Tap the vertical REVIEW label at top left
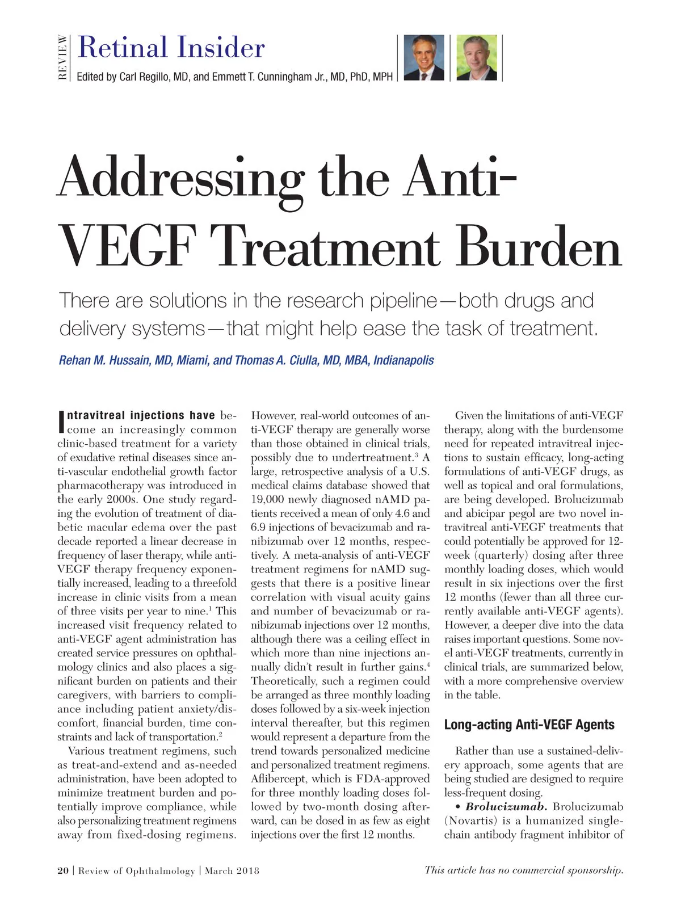click(63, 57)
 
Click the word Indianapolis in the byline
click(403, 361)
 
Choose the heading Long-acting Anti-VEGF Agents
click(529, 725)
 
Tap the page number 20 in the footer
click(63, 870)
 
